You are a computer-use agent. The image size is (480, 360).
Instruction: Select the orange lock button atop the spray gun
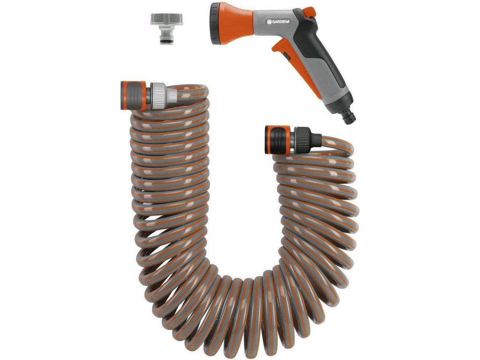[311, 12]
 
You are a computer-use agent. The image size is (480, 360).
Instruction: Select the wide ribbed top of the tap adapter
[166, 19]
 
